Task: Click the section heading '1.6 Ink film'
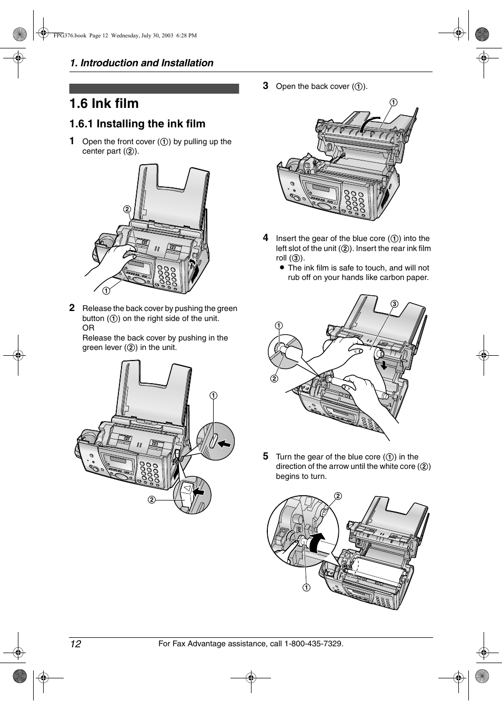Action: (104, 104)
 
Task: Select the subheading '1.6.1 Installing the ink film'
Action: (137, 124)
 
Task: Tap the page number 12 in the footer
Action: (76, 644)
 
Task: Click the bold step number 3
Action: (266, 86)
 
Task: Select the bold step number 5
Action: (266, 456)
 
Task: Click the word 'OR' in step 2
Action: (88, 328)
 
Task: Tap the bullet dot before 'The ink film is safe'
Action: (282, 267)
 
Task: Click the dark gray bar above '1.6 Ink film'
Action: (154, 88)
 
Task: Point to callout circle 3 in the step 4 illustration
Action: (394, 304)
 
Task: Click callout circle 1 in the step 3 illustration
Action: (393, 102)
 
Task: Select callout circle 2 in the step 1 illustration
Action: (127, 209)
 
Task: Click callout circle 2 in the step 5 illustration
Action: (338, 496)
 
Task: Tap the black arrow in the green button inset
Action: (224, 444)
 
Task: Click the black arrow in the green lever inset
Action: (199, 492)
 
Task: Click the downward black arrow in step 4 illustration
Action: (384, 365)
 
